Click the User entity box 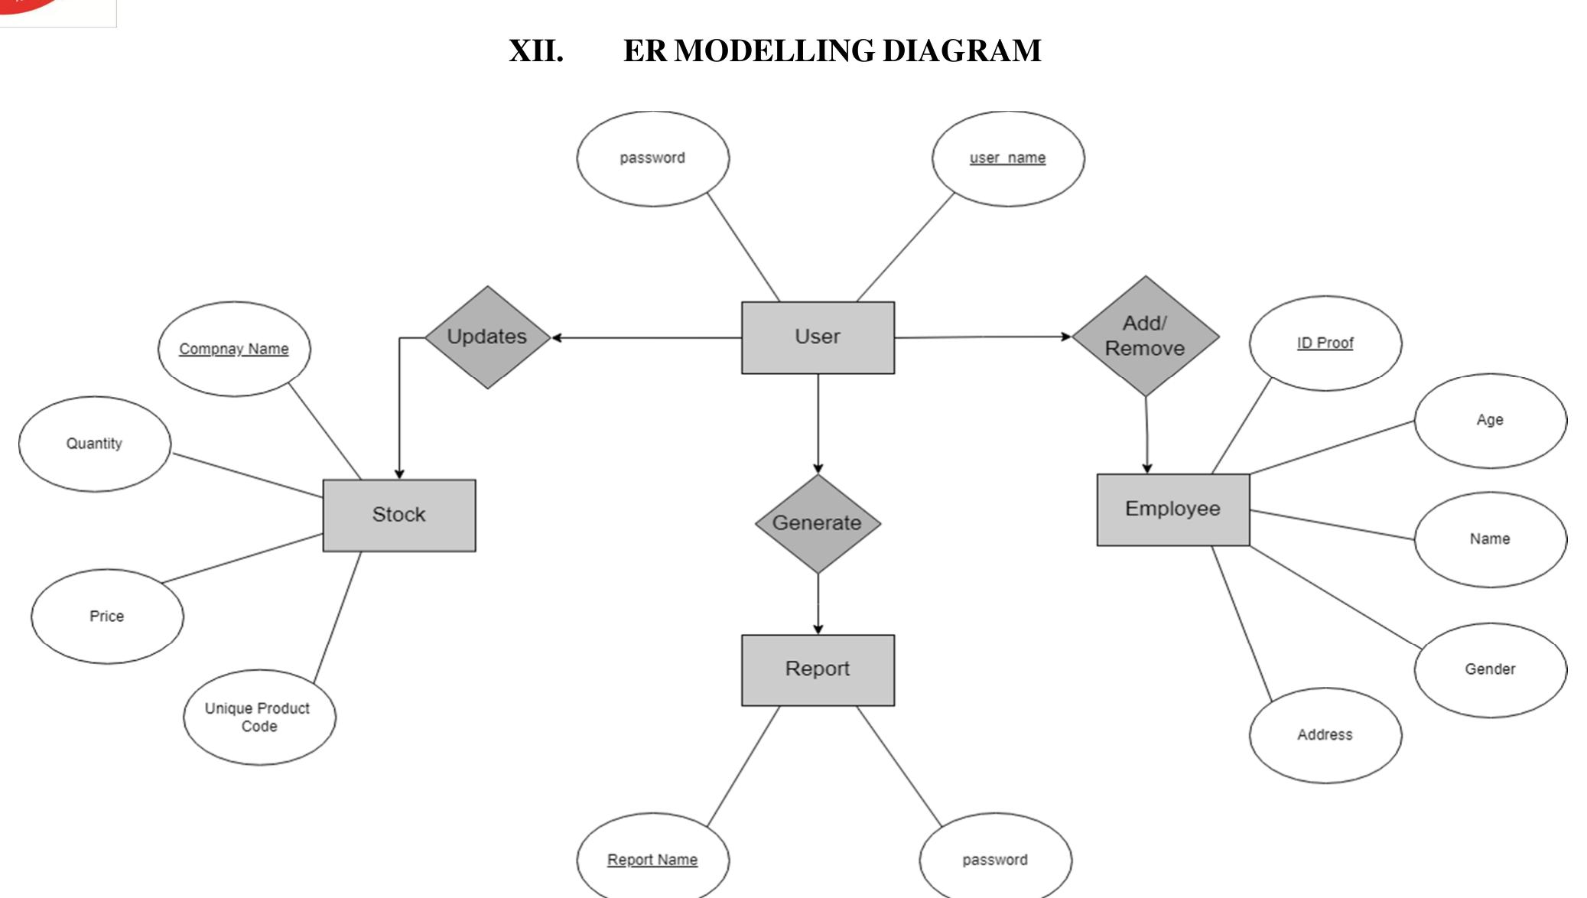(x=817, y=337)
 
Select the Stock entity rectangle (x=398, y=515)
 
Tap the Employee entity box (x=1172, y=509)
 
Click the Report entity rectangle (x=817, y=669)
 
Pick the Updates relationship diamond (x=487, y=337)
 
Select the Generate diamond (x=817, y=523)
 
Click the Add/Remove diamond (x=1145, y=336)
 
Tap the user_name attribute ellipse (x=1007, y=158)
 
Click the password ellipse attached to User (x=652, y=158)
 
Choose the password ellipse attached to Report (x=994, y=860)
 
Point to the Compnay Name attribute (x=234, y=349)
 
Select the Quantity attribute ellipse (x=94, y=444)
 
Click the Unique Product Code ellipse (x=259, y=717)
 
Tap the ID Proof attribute (x=1325, y=343)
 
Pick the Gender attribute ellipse (x=1489, y=669)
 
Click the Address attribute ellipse (x=1325, y=735)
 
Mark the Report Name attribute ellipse (x=652, y=860)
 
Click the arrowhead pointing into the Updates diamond (x=557, y=337)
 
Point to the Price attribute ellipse (x=107, y=617)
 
